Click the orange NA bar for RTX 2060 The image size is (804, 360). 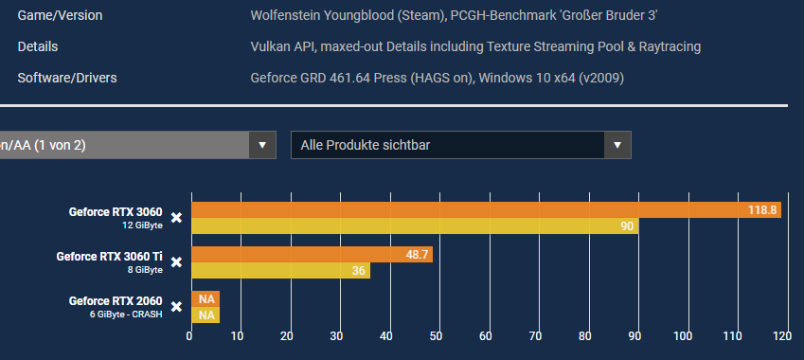pyautogui.click(x=205, y=299)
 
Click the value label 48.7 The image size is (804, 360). pyautogui.click(x=416, y=255)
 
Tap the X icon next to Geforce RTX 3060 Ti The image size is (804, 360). pyautogui.click(x=176, y=262)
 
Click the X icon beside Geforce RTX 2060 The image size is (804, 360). pyautogui.click(x=176, y=307)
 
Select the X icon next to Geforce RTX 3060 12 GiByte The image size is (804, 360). pyautogui.click(x=176, y=218)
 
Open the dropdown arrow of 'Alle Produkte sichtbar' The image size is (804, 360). pyautogui.click(x=617, y=145)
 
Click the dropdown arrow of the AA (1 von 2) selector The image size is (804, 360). pyautogui.click(x=262, y=145)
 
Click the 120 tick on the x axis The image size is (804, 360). pyautogui.click(x=782, y=335)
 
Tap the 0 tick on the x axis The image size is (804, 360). pyautogui.click(x=190, y=335)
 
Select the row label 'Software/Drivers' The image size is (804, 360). pyautogui.click(x=67, y=78)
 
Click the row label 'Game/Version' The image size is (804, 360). pyautogui.click(x=61, y=16)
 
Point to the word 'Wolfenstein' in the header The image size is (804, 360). pyautogui.click(x=285, y=16)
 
